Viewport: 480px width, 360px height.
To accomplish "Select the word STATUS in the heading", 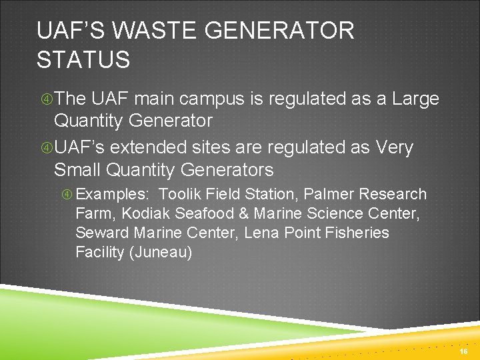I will [x=83, y=60].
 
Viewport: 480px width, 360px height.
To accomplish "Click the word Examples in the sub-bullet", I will [x=111, y=195].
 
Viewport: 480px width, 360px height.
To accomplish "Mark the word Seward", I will [x=102, y=233].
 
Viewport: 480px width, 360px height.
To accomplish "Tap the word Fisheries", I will [x=357, y=233].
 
